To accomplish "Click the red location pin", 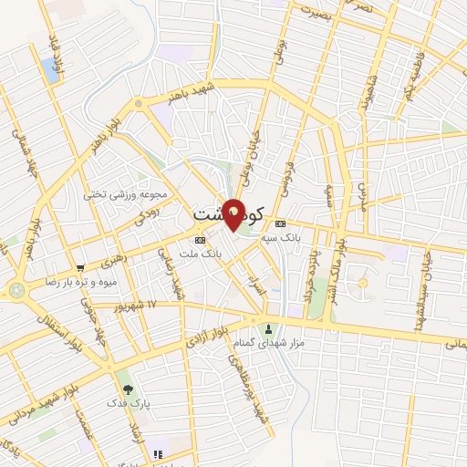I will click(x=234, y=214).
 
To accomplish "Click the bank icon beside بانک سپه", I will click(x=281, y=223).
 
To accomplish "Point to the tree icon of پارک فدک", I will click(x=127, y=389).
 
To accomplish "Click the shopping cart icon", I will click(x=81, y=269).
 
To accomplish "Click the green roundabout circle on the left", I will click(x=16, y=290).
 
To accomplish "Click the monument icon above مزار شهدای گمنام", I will click(x=268, y=328).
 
